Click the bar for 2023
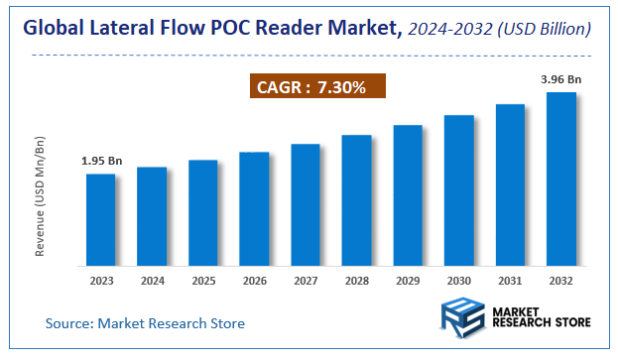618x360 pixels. click(100, 220)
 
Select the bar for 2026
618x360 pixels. click(254, 209)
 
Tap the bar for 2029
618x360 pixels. click(408, 195)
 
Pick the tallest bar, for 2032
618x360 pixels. click(561, 180)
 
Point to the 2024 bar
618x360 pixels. click(152, 216)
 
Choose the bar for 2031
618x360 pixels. click(510, 185)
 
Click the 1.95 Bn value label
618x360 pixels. click(100, 161)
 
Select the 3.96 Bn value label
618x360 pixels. click(561, 79)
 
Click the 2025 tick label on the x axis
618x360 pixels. click(203, 282)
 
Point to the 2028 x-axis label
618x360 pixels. click(356, 282)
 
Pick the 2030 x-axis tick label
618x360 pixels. click(458, 282)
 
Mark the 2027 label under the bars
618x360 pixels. click(306, 282)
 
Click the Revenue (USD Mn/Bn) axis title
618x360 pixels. click(41, 198)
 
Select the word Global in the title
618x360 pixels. click(55, 30)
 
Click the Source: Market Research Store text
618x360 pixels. click(145, 323)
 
